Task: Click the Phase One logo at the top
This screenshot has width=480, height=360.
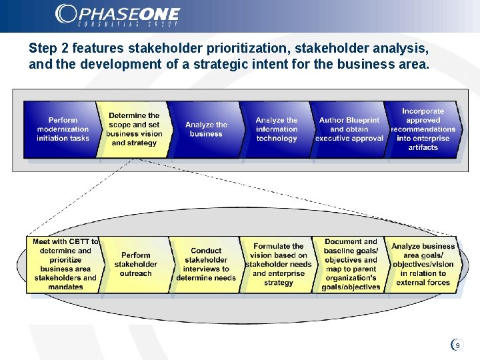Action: pos(117,15)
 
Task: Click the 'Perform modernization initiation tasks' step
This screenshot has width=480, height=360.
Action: pos(63,129)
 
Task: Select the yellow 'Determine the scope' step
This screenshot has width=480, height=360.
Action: pos(135,129)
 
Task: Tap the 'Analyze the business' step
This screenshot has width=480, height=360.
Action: pos(206,129)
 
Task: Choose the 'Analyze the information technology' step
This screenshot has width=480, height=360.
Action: pos(277,129)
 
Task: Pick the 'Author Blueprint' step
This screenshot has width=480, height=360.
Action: pos(349,129)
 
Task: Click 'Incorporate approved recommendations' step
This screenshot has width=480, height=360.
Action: pos(423,129)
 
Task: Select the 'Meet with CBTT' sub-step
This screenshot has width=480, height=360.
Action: pos(65,264)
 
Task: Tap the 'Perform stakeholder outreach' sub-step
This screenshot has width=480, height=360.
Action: pos(135,264)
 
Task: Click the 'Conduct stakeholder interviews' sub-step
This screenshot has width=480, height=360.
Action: pos(206,264)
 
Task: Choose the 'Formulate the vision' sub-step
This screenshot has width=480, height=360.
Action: pos(279,264)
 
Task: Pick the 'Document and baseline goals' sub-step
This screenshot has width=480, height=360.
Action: pos(351,264)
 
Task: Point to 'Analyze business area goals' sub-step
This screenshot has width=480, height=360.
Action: pos(423,264)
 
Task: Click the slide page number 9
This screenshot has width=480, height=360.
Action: pos(457,345)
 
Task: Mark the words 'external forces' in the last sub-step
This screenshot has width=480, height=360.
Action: pos(423,283)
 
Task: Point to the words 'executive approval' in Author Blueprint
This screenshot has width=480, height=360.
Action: pos(349,139)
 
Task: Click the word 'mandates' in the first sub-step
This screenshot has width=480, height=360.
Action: pos(65,287)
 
